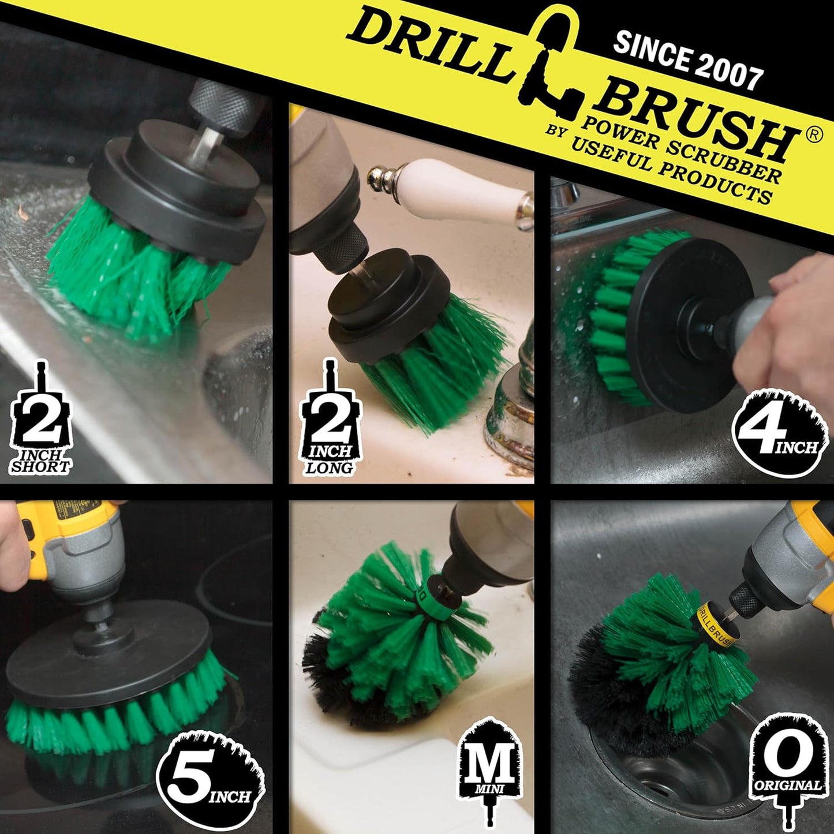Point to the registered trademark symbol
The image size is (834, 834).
[814, 135]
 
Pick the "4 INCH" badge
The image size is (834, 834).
[780, 433]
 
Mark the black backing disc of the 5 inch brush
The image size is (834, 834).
[115, 652]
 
